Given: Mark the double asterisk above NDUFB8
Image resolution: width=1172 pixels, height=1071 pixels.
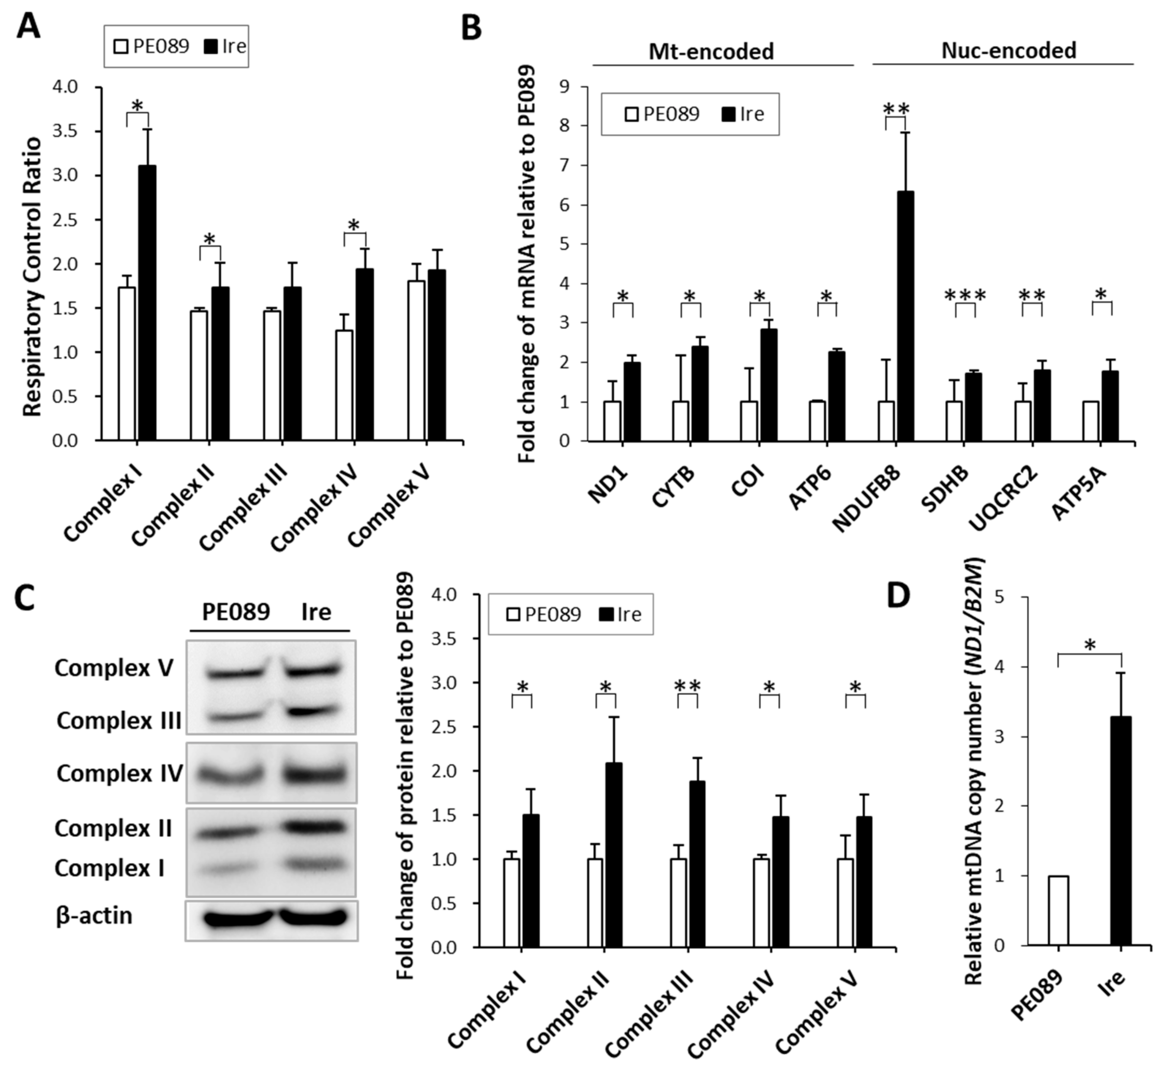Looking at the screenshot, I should (896, 109).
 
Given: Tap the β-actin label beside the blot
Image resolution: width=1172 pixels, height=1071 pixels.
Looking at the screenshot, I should (94, 915).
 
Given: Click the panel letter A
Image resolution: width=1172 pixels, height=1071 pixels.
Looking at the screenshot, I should (28, 26).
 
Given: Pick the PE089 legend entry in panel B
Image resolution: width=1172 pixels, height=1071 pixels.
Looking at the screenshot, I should (662, 114).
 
